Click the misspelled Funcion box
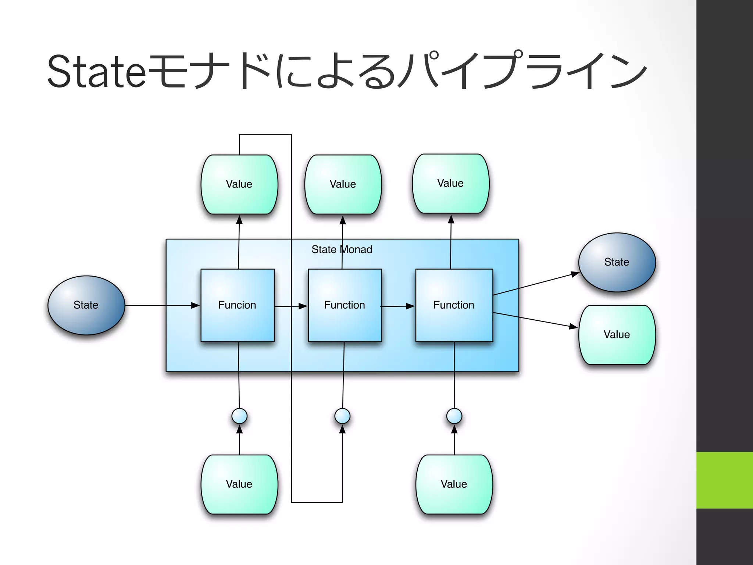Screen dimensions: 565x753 click(238, 305)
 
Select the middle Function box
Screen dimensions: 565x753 click(345, 305)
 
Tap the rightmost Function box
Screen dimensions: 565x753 click(454, 305)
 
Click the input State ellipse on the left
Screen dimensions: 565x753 click(86, 305)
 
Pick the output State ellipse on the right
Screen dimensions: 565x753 click(617, 262)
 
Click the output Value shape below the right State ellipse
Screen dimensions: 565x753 click(617, 335)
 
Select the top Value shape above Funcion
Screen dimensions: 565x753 click(239, 184)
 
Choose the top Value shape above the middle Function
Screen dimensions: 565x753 click(343, 184)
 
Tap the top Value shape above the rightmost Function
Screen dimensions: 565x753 click(451, 184)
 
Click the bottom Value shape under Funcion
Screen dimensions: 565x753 click(239, 484)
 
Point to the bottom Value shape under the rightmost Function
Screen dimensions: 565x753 click(454, 484)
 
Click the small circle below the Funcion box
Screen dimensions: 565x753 click(239, 416)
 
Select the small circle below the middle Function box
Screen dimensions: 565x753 click(342, 416)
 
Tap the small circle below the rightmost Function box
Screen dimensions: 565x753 click(454, 416)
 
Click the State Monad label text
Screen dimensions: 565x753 click(342, 249)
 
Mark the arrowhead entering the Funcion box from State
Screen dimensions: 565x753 click(195, 305)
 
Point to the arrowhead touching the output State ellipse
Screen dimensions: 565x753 click(575, 274)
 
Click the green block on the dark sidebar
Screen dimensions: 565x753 click(724, 480)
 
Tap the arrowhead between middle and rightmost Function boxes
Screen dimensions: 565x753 click(410, 306)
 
